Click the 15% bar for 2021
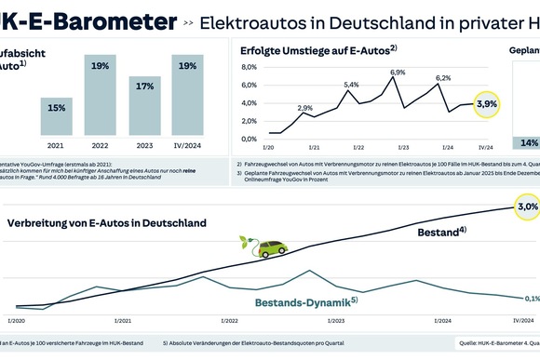tap(56, 116)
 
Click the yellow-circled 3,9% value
tap(486, 105)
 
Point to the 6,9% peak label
tap(398, 73)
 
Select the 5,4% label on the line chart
tap(351, 85)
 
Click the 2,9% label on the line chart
tap(305, 109)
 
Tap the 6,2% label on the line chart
tap(443, 78)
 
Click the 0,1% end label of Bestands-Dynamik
tap(531, 299)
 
